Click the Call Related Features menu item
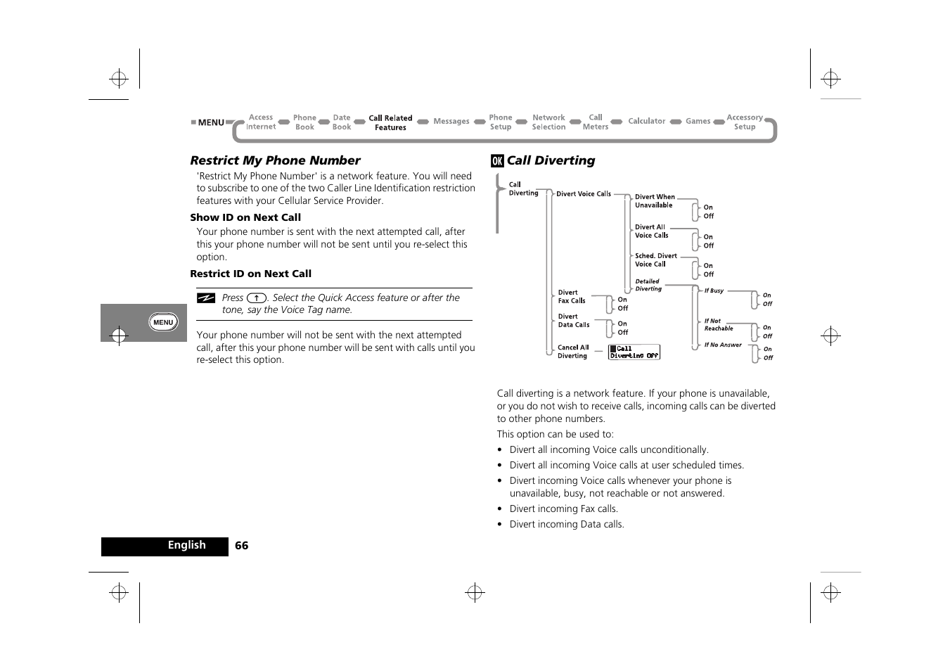pos(390,123)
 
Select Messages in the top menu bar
pos(451,122)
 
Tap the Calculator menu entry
pos(646,122)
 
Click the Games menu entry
pos(698,122)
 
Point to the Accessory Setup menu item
pos(744,122)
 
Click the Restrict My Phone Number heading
pos(275,160)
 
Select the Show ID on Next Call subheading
pos(245,217)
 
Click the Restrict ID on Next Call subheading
pos(250,274)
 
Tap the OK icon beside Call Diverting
pos(497,161)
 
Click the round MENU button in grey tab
pos(163,322)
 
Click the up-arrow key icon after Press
pos(257,298)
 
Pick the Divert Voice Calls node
pos(583,194)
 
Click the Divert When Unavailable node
pos(654,201)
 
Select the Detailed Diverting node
pos(648,285)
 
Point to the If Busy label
pos(714,290)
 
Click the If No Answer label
pos(723,345)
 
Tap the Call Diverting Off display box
pos(634,352)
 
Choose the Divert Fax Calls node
pos(571,297)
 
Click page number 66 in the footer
pos(241,546)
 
